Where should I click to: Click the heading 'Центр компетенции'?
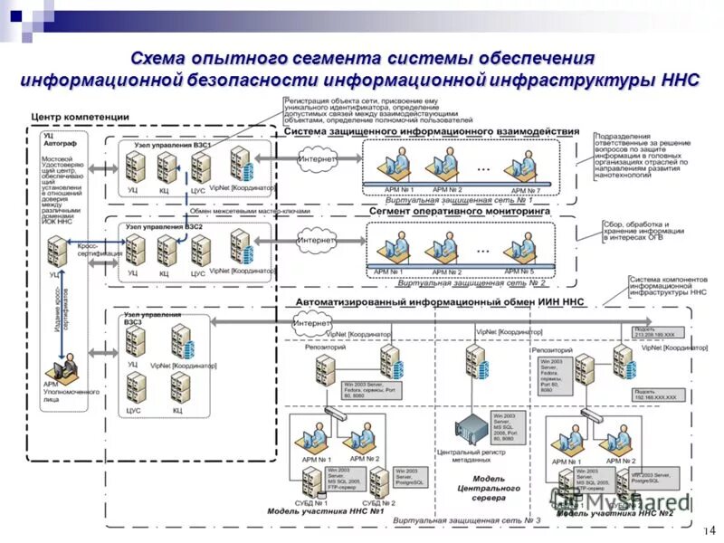tap(80, 119)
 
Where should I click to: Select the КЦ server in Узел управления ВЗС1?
tap(166, 167)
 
